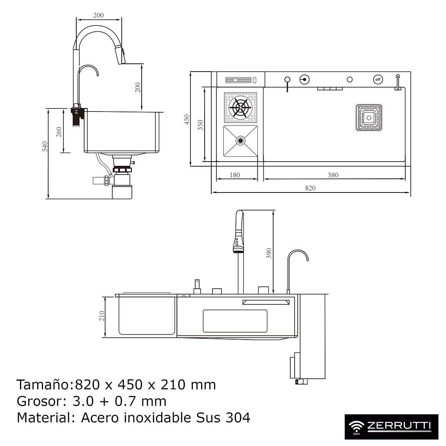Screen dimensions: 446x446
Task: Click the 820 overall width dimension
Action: click(310, 188)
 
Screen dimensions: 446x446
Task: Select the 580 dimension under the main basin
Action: click(333, 175)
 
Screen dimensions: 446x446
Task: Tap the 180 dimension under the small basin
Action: click(235, 175)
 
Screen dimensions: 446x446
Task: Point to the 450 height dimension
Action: click(187, 119)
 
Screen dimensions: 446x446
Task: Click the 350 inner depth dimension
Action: click(200, 125)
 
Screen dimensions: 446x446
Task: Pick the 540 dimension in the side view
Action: click(45, 146)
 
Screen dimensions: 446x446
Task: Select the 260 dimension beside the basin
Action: click(59, 132)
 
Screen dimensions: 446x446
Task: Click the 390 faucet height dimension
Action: click(269, 253)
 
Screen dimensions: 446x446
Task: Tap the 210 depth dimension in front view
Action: click(102, 316)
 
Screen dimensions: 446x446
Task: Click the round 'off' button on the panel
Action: click(378, 80)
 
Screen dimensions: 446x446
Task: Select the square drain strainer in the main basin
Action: click(369, 117)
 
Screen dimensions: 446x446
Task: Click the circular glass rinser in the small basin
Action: click(240, 108)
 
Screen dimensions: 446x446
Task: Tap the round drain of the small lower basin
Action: click(240, 140)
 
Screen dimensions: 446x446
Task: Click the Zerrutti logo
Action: click(391, 427)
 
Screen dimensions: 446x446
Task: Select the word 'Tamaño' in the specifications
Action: click(43, 385)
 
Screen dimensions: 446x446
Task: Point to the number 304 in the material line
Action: click(238, 417)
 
